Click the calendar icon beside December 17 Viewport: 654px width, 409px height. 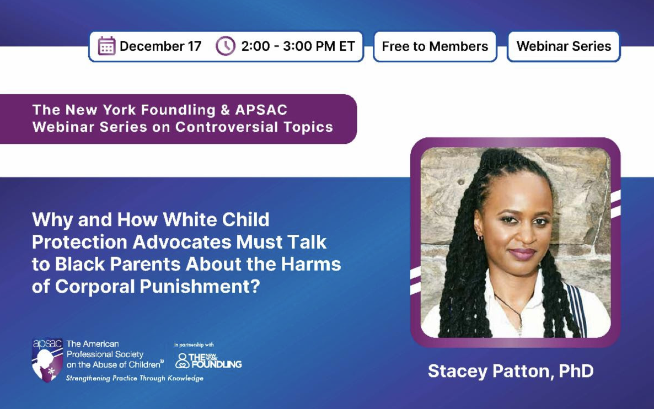pos(106,46)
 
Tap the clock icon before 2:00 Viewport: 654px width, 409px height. pos(225,46)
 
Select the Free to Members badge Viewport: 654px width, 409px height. pos(435,46)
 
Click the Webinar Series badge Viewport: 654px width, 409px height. pos(564,46)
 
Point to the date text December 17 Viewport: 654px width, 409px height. pos(160,46)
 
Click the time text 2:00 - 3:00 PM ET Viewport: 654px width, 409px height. pos(298,46)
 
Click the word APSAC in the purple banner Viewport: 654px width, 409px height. pos(261,110)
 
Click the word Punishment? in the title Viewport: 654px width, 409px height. pos(200,287)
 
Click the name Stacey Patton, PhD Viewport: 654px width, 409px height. pos(511,371)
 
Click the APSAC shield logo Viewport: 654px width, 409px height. pos(47,360)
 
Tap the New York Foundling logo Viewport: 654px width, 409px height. pos(208,360)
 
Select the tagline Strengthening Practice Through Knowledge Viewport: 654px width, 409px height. pos(135,378)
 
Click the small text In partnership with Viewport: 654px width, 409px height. pos(194,345)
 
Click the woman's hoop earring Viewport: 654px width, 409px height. pos(480,238)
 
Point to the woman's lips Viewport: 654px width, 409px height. pos(522,253)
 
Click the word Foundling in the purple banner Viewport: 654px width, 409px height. pos(178,110)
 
